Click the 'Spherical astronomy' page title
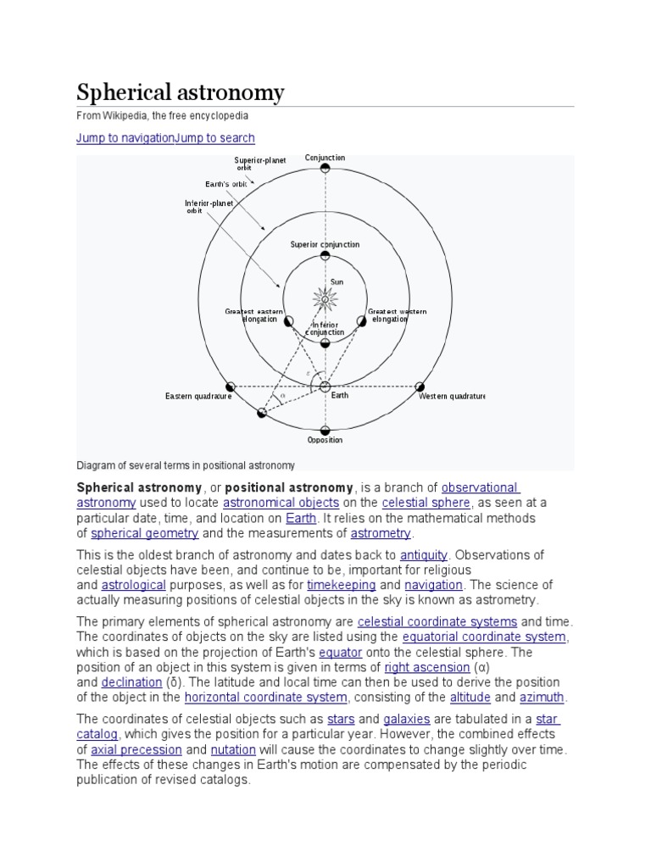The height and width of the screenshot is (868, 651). [x=181, y=92]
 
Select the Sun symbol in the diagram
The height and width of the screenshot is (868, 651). [x=325, y=298]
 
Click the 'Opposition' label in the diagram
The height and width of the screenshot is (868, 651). [x=325, y=440]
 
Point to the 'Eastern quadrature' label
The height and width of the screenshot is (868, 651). [x=198, y=396]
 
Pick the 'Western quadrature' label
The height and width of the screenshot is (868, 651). [x=452, y=396]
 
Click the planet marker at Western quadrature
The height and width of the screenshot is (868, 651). [x=420, y=387]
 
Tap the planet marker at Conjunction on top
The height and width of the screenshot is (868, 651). [x=325, y=169]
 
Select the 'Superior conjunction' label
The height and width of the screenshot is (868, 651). [x=325, y=245]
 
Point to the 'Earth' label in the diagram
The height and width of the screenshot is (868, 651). [x=339, y=396]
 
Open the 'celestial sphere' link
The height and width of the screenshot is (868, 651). [x=426, y=503]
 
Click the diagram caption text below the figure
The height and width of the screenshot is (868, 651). [x=186, y=465]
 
